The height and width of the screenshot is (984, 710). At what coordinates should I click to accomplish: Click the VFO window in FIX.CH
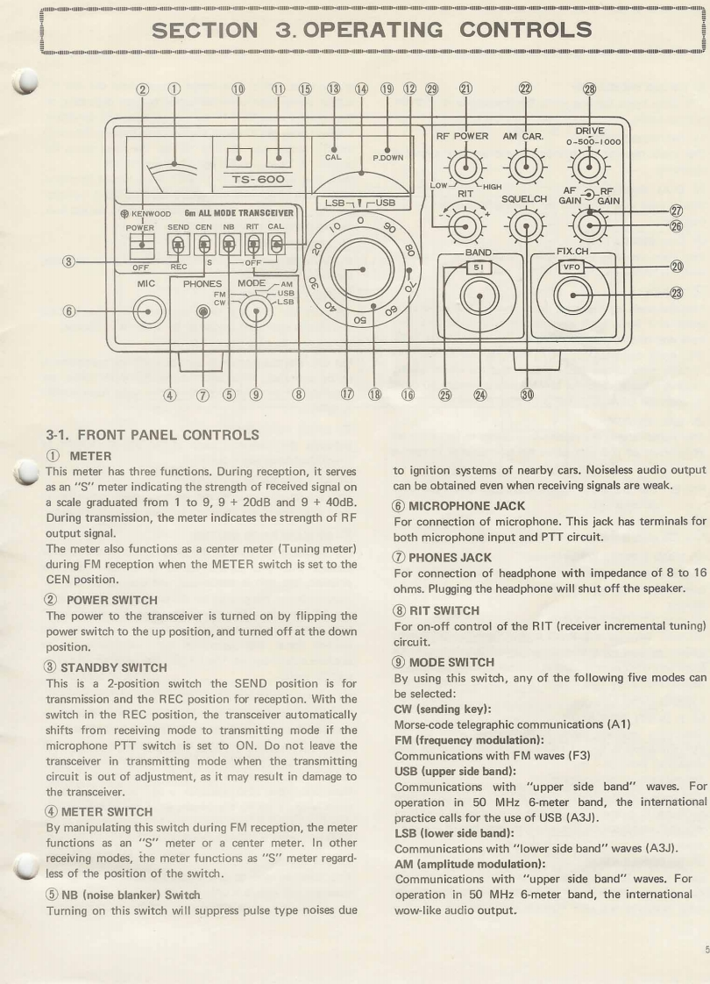coord(572,267)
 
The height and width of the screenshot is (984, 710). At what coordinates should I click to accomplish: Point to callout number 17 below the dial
coord(348,395)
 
